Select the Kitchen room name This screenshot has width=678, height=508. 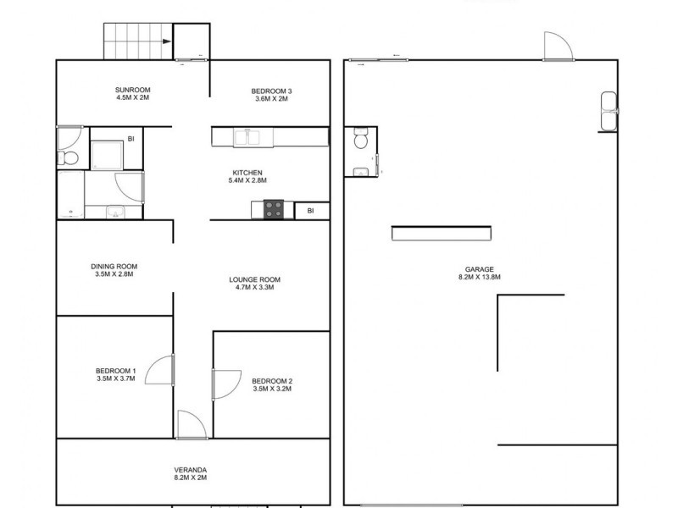(247, 173)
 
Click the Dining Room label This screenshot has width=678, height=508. (114, 266)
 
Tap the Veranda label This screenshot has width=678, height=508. (190, 470)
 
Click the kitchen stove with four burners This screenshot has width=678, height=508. (274, 209)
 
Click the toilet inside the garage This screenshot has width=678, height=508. (360, 140)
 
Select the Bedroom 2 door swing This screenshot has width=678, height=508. (225, 384)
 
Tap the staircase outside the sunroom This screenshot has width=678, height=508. (137, 41)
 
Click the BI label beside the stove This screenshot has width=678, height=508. (311, 210)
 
